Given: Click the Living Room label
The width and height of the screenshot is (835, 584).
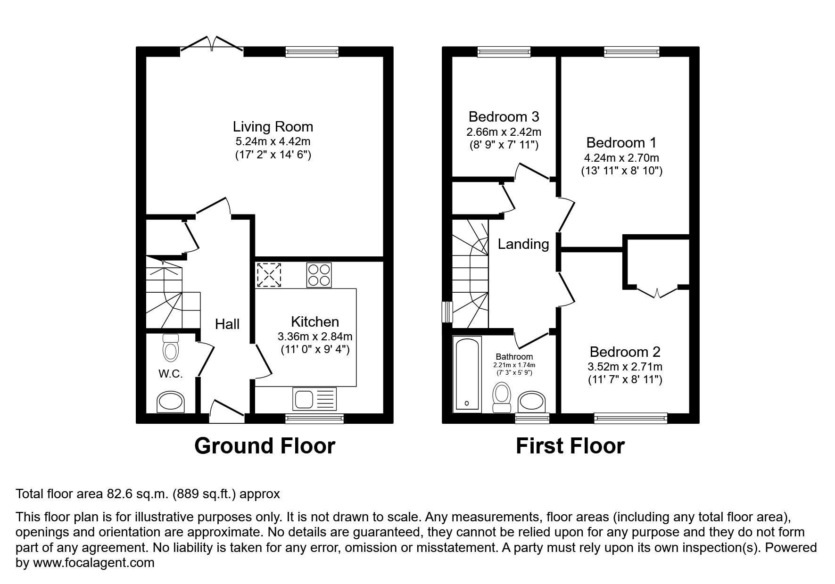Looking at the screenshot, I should pyautogui.click(x=273, y=126).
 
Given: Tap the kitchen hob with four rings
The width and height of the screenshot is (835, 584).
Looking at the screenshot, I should pyautogui.click(x=319, y=275).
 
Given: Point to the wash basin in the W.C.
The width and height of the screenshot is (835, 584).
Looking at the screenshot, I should pyautogui.click(x=171, y=402).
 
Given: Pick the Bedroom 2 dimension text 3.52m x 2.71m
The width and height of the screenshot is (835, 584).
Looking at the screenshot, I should pyautogui.click(x=625, y=367).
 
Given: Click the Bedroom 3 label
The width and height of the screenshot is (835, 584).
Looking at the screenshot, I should pyautogui.click(x=504, y=116).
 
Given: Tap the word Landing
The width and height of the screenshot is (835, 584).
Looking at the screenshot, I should pyautogui.click(x=523, y=244).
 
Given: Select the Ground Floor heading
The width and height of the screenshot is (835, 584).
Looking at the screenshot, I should pyautogui.click(x=265, y=446).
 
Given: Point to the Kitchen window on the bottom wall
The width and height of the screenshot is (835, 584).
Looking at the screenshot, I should pyautogui.click(x=314, y=418).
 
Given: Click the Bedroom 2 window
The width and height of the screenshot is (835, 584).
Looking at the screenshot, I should pyautogui.click(x=630, y=418).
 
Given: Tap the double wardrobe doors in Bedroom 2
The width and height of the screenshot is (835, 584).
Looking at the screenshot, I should pyautogui.click(x=657, y=292).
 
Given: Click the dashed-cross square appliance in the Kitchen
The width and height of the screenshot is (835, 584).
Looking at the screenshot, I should pyautogui.click(x=269, y=275).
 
